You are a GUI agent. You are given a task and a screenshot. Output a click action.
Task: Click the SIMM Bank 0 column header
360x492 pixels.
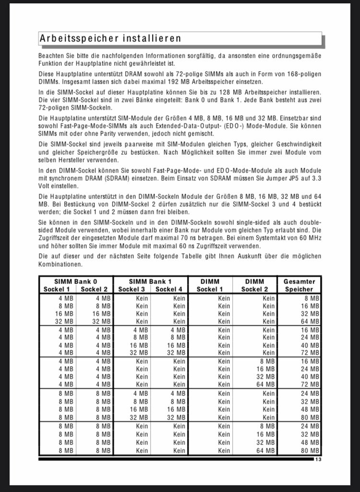pyautogui.click(x=76, y=281)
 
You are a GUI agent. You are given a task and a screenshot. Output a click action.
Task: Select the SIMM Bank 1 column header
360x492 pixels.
pyautogui.click(x=150, y=281)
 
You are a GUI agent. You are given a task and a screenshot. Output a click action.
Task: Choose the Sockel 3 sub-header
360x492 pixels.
pyautogui.click(x=132, y=289)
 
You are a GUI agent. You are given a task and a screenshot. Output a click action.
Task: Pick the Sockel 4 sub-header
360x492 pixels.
pyautogui.click(x=169, y=289)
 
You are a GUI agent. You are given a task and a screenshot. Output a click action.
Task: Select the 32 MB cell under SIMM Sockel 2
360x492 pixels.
pyautogui.click(x=103, y=321)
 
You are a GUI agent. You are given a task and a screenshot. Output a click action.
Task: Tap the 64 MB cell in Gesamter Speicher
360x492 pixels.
pyautogui.click(x=311, y=321)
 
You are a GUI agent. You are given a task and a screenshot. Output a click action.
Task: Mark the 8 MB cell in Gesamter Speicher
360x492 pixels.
pyautogui.click(x=312, y=298)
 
